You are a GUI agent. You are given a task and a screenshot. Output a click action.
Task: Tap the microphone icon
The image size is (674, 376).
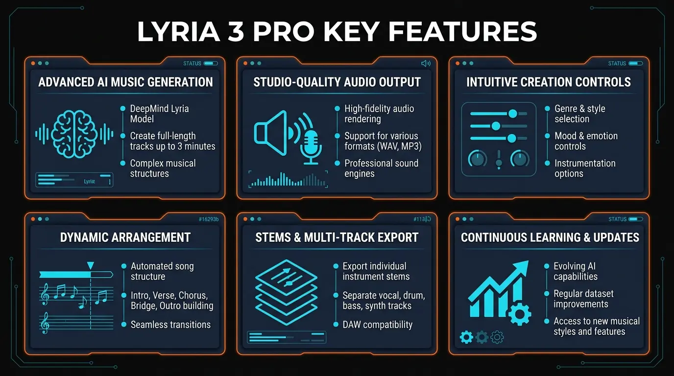(x=311, y=146)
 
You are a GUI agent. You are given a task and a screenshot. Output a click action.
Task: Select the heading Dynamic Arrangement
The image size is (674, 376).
(x=125, y=237)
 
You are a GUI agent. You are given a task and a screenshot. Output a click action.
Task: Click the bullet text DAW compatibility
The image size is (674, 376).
(x=377, y=325)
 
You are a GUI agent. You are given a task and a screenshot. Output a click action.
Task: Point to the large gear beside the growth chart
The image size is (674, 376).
(x=519, y=313)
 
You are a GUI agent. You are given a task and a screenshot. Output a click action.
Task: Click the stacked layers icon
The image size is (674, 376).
(x=287, y=294)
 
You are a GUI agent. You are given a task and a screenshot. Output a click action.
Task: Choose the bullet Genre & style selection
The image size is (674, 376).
(x=579, y=114)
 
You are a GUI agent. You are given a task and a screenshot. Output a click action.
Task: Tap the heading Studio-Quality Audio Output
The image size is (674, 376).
(x=337, y=82)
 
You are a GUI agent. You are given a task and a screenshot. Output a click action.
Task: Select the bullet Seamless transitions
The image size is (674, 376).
(x=170, y=325)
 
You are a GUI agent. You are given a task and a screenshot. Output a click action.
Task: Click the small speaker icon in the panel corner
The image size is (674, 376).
(x=426, y=63)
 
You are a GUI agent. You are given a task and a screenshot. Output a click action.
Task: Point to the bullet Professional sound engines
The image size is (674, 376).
(x=381, y=168)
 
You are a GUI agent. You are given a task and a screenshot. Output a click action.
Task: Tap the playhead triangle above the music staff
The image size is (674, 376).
(x=90, y=265)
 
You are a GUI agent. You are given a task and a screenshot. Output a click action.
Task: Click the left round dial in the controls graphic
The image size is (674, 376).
(x=477, y=159)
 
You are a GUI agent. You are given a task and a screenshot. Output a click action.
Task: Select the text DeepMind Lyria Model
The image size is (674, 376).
(x=159, y=114)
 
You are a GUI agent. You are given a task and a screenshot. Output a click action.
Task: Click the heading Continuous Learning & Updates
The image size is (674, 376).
(x=550, y=237)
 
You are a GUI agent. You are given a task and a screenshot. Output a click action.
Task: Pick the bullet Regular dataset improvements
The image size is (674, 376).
(x=583, y=299)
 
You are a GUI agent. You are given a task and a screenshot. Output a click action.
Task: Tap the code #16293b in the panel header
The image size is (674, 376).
(x=209, y=219)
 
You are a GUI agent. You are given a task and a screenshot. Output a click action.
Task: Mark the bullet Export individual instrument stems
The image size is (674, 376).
(x=375, y=271)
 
